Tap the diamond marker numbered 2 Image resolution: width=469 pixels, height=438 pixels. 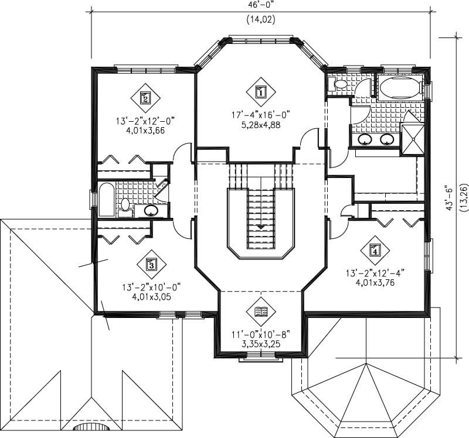(x=145, y=97)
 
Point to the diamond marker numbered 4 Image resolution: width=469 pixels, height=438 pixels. (x=375, y=251)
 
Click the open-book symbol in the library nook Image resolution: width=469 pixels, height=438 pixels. (x=260, y=311)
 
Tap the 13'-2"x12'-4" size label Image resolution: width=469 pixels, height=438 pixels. (x=375, y=272)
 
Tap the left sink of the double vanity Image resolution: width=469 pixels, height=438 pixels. (x=365, y=139)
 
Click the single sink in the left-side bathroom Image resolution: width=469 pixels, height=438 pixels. (x=152, y=211)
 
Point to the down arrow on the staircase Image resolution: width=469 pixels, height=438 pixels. (x=260, y=225)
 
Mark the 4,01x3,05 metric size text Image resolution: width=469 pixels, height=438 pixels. (x=151, y=296)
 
